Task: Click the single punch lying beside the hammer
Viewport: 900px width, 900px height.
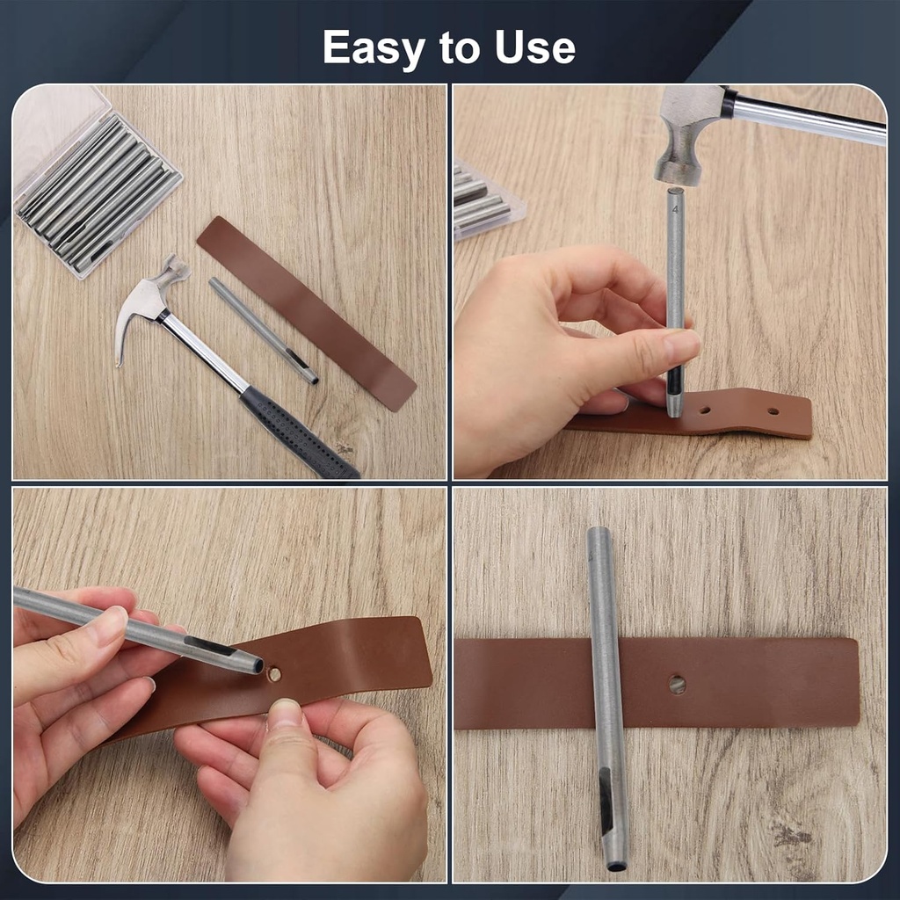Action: [263, 330]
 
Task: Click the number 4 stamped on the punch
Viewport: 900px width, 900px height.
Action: [675, 210]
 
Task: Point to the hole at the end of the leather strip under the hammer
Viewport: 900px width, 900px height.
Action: [773, 410]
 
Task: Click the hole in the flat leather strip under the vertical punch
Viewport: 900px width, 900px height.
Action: [677, 684]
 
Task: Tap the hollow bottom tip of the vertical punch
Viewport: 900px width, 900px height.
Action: [616, 865]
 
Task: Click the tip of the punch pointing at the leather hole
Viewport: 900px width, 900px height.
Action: [257, 665]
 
